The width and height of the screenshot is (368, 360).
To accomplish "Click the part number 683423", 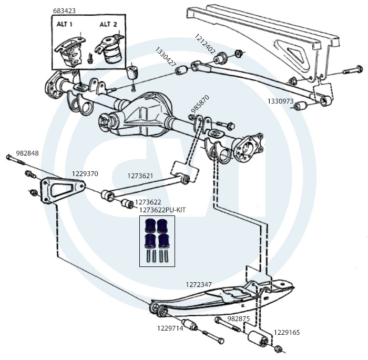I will tap(64, 11).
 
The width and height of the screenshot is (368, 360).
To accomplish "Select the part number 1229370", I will tap(85, 173).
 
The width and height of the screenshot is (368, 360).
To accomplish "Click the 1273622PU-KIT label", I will tap(162, 210).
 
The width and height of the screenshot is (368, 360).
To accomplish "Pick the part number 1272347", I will tap(198, 284).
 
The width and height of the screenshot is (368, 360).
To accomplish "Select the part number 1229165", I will tap(287, 333).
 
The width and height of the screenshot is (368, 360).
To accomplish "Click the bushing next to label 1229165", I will tap(257, 338).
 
